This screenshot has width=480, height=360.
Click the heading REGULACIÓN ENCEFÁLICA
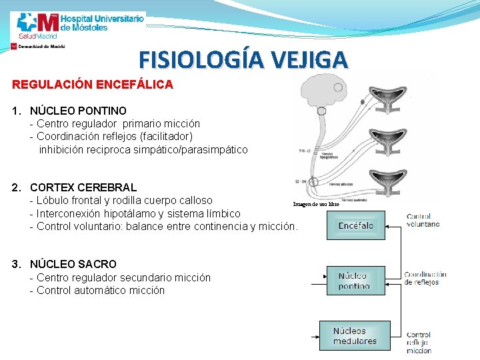(x=93, y=85)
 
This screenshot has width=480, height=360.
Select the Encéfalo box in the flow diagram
(x=355, y=226)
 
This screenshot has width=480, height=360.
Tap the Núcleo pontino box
(x=353, y=281)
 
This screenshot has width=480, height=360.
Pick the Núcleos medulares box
(x=355, y=336)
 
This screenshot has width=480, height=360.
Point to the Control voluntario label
(x=423, y=220)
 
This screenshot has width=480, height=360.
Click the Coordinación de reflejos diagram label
(x=425, y=278)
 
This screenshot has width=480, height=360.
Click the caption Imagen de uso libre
(x=316, y=204)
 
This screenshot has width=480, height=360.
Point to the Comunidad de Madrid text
(x=41, y=47)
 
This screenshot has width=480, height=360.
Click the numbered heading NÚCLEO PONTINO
(x=78, y=110)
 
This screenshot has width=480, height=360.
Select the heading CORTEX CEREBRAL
(x=83, y=187)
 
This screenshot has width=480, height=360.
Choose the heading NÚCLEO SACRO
(x=73, y=264)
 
